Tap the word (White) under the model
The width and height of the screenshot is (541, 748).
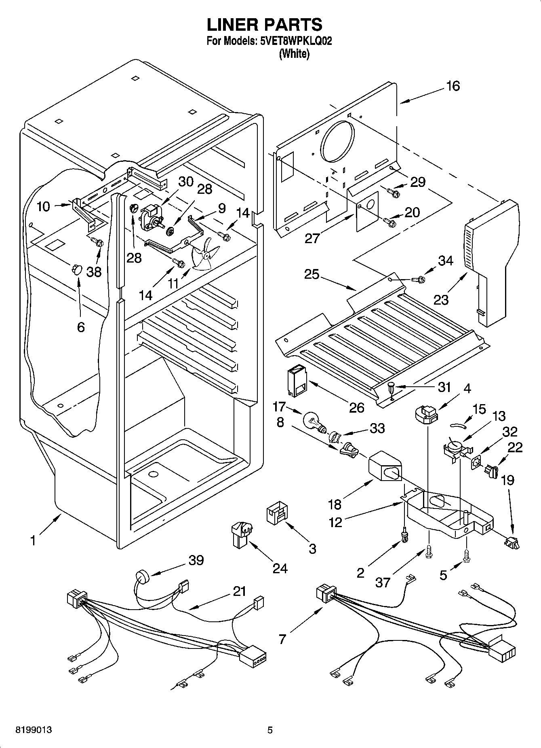point(294,53)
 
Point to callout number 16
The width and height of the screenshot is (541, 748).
point(453,86)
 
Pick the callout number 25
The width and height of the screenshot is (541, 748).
point(312,275)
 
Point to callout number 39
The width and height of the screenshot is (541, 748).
point(196,560)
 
